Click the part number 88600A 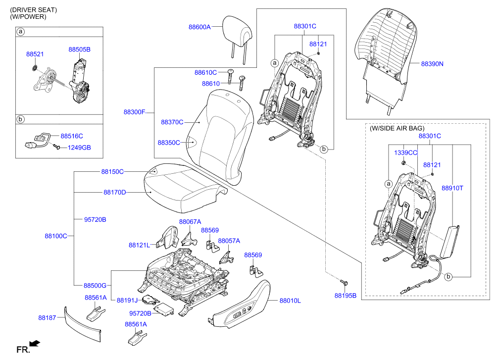click(x=200, y=27)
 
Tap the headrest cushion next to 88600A click(x=238, y=29)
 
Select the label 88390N click(x=432, y=64)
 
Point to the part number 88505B click(x=79, y=50)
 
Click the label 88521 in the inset click(x=35, y=54)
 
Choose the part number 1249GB click(x=79, y=148)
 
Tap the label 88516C click(x=72, y=136)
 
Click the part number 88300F click(x=135, y=112)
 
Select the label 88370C click(x=172, y=122)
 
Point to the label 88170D click(x=115, y=192)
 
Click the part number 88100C click(x=56, y=236)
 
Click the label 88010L click(x=290, y=300)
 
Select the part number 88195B click(x=345, y=296)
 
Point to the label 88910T click(x=452, y=188)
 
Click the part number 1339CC click(x=405, y=153)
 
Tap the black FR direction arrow click(x=35, y=343)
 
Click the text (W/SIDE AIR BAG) click(x=397, y=128)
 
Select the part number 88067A click(x=190, y=222)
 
